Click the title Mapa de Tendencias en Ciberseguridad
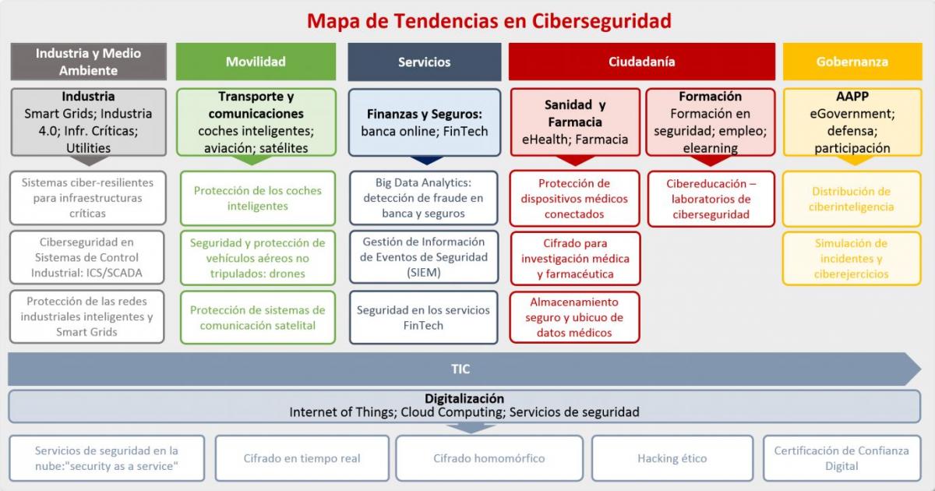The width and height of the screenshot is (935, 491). [x=489, y=20]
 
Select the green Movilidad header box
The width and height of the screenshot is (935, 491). [x=256, y=62]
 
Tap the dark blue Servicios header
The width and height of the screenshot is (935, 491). [x=424, y=62]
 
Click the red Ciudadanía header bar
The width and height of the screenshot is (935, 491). [x=641, y=62]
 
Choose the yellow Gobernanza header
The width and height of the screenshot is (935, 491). [x=852, y=62]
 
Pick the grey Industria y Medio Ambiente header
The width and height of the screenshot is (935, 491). [x=88, y=62]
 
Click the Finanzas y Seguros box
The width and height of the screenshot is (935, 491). [x=424, y=122]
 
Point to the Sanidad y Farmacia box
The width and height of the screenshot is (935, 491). [x=575, y=122]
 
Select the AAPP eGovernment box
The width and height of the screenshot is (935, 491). [x=852, y=122]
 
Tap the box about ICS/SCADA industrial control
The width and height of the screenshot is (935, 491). [x=87, y=257]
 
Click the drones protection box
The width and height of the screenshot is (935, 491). [x=258, y=257]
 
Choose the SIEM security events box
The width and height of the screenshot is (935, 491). [x=424, y=257]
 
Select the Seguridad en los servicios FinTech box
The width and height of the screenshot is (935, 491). [x=424, y=317]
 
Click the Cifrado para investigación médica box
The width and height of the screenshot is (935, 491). [x=575, y=258]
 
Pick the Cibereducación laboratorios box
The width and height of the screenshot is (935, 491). [x=711, y=199]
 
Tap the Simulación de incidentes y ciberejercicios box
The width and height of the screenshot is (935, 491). [x=852, y=258]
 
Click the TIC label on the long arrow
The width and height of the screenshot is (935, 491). [x=460, y=369]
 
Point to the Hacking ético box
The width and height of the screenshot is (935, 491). [x=672, y=458]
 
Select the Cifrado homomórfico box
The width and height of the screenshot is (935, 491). [x=489, y=458]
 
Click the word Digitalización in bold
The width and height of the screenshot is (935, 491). [x=464, y=398]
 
